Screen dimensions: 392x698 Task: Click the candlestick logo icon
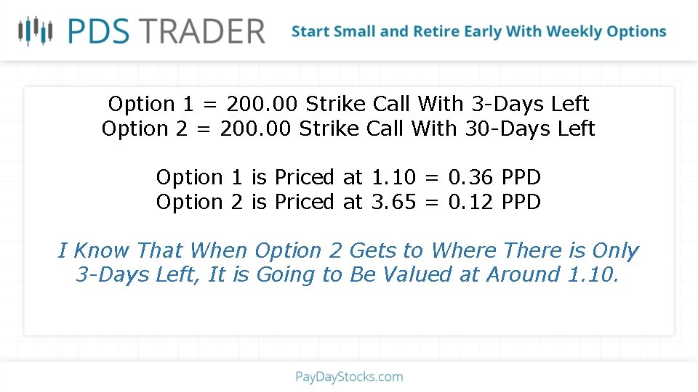[36, 30]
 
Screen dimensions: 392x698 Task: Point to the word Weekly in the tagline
[574, 32]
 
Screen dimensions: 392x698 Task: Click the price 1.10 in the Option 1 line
[393, 177]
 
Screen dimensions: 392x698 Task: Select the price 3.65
[393, 202]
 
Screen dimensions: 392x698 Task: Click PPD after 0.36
[521, 177]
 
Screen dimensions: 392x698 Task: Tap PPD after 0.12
[521, 202]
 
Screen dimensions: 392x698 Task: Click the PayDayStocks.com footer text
[349, 377]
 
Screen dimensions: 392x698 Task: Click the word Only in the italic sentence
[614, 251]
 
